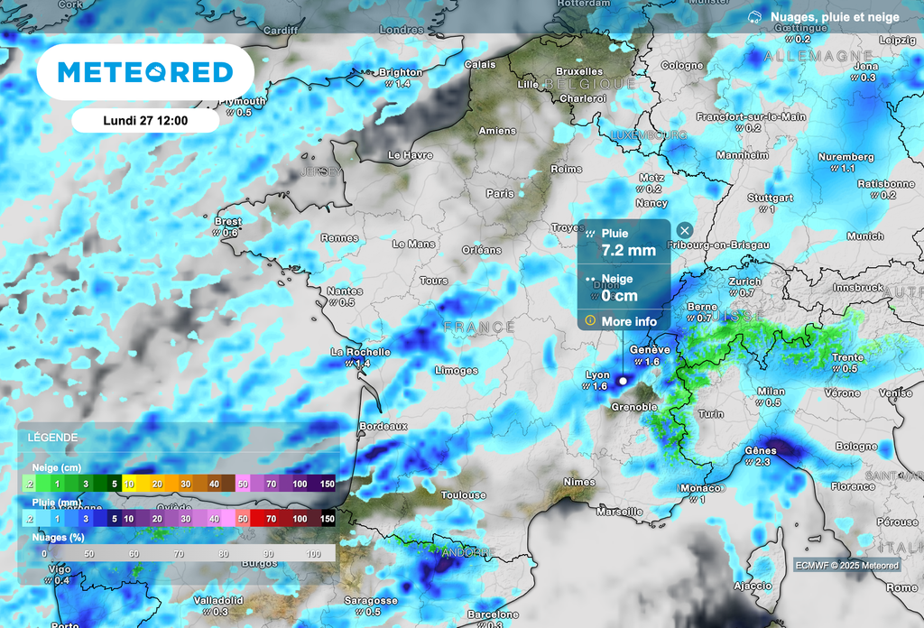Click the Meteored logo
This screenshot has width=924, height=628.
[x=144, y=72]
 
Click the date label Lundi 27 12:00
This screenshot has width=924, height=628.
[x=144, y=120]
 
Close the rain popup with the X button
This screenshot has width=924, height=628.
[x=685, y=230]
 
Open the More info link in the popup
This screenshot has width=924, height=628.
[x=629, y=321]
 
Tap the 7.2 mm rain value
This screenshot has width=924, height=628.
[x=628, y=250]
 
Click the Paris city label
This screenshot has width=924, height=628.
[x=499, y=193]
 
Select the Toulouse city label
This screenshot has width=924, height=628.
[x=464, y=494]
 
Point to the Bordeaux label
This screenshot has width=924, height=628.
[x=383, y=425]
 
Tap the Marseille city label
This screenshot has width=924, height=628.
[x=619, y=511]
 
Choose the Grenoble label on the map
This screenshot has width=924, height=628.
[x=634, y=407]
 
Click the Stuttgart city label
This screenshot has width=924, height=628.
[x=770, y=198]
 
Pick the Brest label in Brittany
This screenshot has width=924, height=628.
[x=228, y=221]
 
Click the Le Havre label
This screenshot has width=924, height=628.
[x=411, y=155]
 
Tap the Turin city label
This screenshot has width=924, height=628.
[x=711, y=413]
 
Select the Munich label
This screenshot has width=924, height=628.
[x=865, y=236]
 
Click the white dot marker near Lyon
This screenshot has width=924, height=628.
[x=622, y=382]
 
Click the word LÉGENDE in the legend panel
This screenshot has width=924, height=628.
[x=52, y=438]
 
